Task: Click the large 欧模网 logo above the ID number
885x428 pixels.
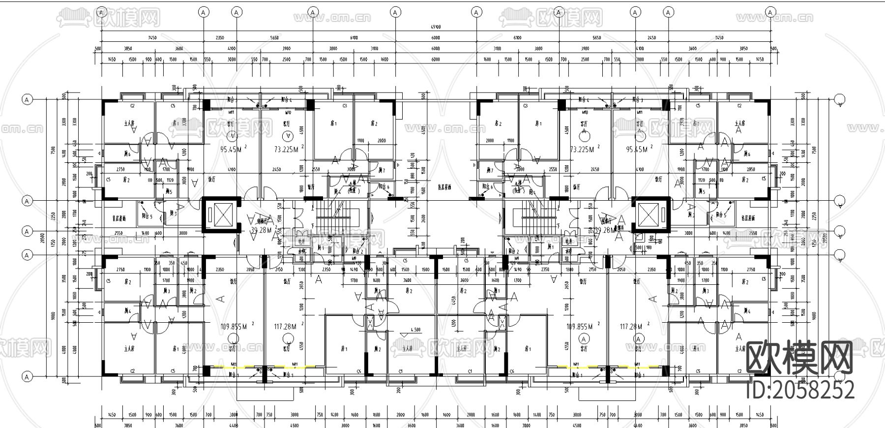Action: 799,359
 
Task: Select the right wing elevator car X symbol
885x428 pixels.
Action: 650,214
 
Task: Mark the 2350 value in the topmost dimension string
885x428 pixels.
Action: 220,38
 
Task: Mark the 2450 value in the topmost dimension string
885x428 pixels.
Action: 651,38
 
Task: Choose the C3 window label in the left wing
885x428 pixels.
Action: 345,106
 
